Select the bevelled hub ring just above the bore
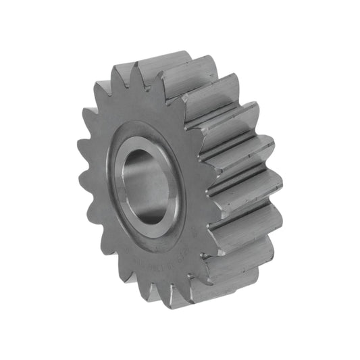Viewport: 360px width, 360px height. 145,132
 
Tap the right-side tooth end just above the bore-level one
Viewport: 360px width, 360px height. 257,145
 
